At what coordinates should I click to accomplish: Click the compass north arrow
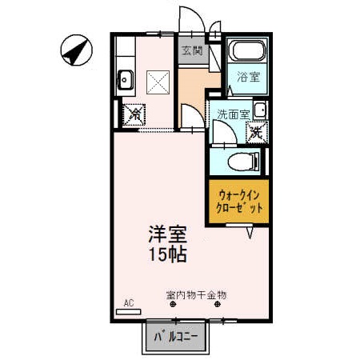pos(74,51)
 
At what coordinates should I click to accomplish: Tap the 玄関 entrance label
pos(192,50)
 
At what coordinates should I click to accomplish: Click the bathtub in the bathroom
pos(246,54)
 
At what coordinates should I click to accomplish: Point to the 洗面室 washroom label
pos(230,114)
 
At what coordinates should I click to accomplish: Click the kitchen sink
pos(126,79)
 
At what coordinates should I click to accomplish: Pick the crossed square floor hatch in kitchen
pos(158,81)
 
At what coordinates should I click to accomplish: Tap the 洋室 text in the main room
pos(166,236)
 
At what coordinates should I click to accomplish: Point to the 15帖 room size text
pos(166,255)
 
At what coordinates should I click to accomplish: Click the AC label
pos(128,303)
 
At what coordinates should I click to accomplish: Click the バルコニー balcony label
pos(174,338)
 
